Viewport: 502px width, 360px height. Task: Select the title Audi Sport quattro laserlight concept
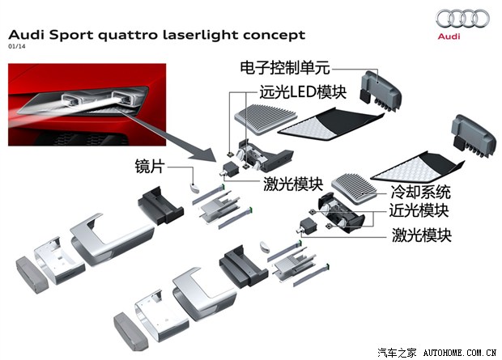pos(157,35)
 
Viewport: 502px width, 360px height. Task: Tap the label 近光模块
pos(421,212)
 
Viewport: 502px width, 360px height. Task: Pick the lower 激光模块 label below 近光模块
pos(421,235)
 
